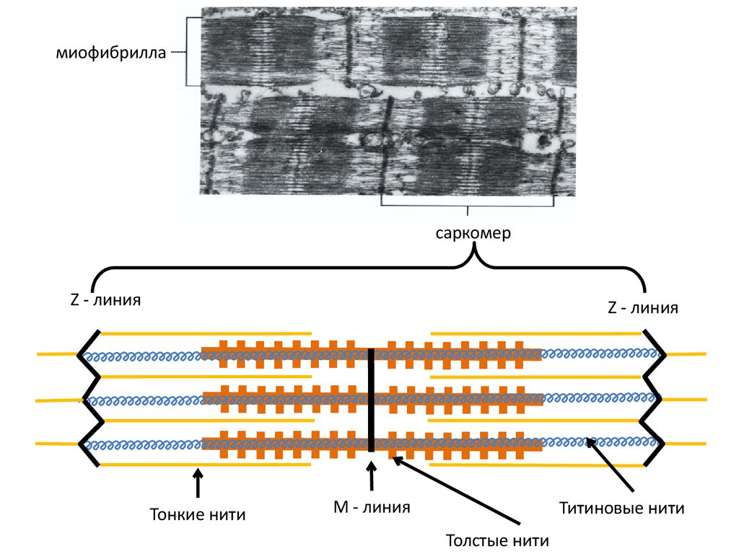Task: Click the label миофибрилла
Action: [x=112, y=53]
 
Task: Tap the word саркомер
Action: [x=473, y=234]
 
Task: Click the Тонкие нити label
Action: [x=197, y=515]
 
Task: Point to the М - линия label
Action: [x=371, y=507]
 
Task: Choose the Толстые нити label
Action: [x=497, y=540]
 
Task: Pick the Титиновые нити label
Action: [x=621, y=508]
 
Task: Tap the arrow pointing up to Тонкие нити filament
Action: [x=198, y=483]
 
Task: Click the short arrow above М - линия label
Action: [x=372, y=478]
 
